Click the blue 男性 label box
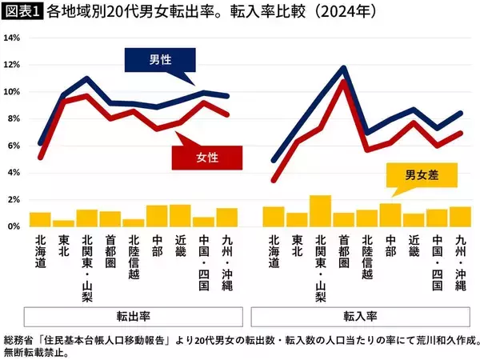coord(159,60)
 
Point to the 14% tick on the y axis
coord(12,38)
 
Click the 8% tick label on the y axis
coord(12,119)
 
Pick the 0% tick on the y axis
coord(12,226)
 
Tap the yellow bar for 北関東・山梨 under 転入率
coord(320,211)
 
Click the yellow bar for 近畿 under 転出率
coord(180,216)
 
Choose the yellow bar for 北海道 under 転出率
coord(40,219)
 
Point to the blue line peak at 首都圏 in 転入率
coord(344,68)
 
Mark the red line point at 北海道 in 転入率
coord(274,180)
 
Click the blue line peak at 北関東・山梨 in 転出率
coord(87,78)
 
